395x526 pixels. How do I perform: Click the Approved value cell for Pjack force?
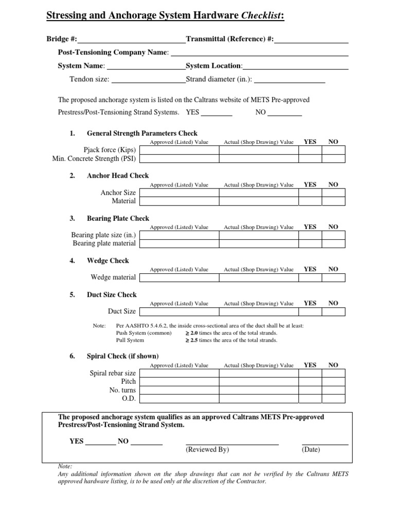tap(179, 150)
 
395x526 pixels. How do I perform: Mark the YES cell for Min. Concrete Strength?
tap(310, 159)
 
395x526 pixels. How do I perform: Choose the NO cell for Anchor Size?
tap(334, 193)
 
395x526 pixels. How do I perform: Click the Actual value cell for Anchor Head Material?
tap(259, 201)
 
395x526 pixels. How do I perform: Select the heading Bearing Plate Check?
tap(118, 218)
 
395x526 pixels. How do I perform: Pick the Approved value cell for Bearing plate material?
tap(179, 243)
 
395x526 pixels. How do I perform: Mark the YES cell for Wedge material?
tap(310, 277)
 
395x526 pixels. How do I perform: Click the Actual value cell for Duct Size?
tap(259, 311)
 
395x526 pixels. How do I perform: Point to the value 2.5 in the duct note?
tap(194, 340)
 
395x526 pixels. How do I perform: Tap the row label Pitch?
tap(129, 382)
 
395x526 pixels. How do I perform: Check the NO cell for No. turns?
tap(334, 390)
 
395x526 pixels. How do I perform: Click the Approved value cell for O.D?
tap(179, 399)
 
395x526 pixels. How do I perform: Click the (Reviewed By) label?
tap(207, 449)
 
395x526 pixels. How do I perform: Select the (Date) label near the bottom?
tap(311, 449)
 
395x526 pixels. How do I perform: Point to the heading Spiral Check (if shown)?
tap(123, 356)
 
